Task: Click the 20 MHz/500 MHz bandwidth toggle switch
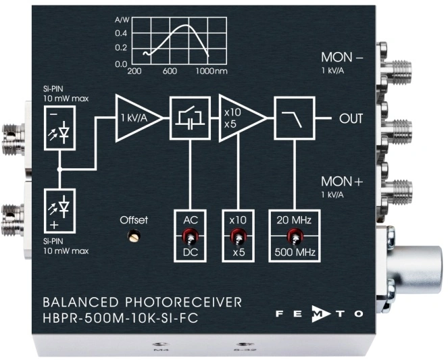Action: (x=294, y=236)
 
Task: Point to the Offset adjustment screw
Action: (x=134, y=236)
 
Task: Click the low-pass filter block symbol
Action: (x=294, y=118)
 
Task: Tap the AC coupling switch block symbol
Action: (x=189, y=118)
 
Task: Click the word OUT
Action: (x=351, y=119)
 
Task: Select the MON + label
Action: (x=342, y=182)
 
